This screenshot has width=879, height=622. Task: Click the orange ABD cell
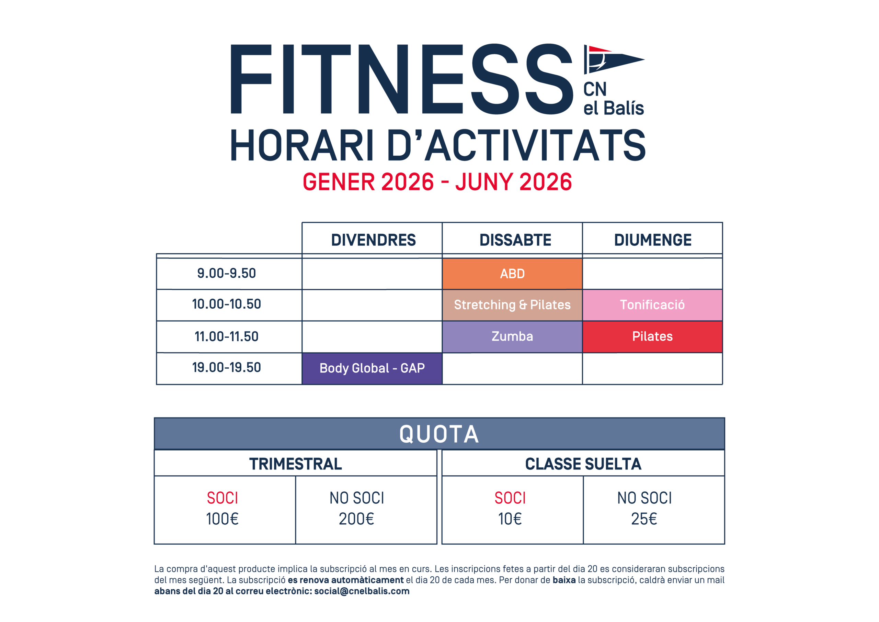click(x=512, y=274)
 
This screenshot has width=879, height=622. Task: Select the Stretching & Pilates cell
click(x=512, y=305)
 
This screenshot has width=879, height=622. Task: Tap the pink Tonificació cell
click(x=652, y=305)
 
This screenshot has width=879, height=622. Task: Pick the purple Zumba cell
click(x=512, y=336)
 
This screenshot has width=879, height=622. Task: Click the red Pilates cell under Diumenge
click(x=652, y=336)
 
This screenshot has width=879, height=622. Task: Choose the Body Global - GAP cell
click(x=372, y=368)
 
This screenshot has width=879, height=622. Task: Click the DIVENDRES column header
click(x=373, y=240)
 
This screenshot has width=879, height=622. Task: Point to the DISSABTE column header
click(x=515, y=240)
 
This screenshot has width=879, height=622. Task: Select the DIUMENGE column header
click(x=652, y=240)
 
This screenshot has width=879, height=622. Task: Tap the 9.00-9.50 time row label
click(x=226, y=273)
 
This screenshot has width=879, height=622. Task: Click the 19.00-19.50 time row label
click(x=226, y=367)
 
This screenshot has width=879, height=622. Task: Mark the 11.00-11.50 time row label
click(x=226, y=336)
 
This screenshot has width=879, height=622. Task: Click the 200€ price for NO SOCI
click(x=356, y=519)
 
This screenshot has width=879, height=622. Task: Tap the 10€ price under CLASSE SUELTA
click(x=510, y=519)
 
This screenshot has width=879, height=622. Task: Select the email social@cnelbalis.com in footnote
click(x=362, y=591)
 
